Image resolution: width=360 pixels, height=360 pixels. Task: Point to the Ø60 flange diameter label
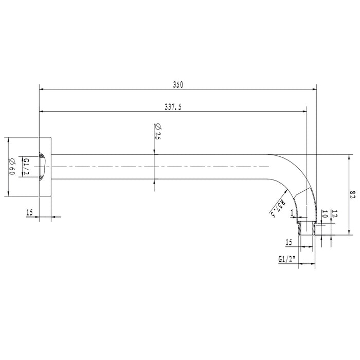pyautogui.click(x=11, y=166)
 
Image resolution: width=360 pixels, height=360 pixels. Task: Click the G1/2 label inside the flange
pyautogui.click(x=26, y=167)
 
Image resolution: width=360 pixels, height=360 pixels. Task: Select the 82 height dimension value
pyautogui.click(x=353, y=194)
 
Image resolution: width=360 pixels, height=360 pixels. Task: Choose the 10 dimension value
pyautogui.click(x=324, y=214)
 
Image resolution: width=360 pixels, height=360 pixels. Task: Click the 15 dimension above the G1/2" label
pyautogui.click(x=289, y=242)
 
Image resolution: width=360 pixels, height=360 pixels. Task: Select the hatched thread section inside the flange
pyautogui.click(x=43, y=167)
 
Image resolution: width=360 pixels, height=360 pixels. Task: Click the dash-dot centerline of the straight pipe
pyautogui.click(x=154, y=167)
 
